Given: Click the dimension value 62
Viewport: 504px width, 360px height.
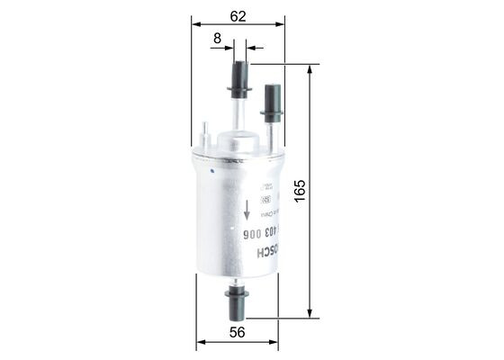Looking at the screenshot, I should click(238, 14).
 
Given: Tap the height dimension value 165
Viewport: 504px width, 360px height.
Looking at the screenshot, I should click(300, 191).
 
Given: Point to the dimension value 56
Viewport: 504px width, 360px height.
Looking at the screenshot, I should click(238, 331).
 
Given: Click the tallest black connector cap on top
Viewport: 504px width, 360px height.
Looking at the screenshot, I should click(238, 79).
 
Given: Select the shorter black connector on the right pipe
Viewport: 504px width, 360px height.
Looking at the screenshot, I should click(272, 101).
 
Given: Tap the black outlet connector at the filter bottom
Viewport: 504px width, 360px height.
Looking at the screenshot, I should click(237, 302).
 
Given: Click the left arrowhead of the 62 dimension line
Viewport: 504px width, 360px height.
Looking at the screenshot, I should click(196, 25).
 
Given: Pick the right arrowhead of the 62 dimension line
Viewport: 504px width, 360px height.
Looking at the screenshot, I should click(280, 25).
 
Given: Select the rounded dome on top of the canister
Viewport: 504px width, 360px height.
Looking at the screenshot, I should click(238, 141).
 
